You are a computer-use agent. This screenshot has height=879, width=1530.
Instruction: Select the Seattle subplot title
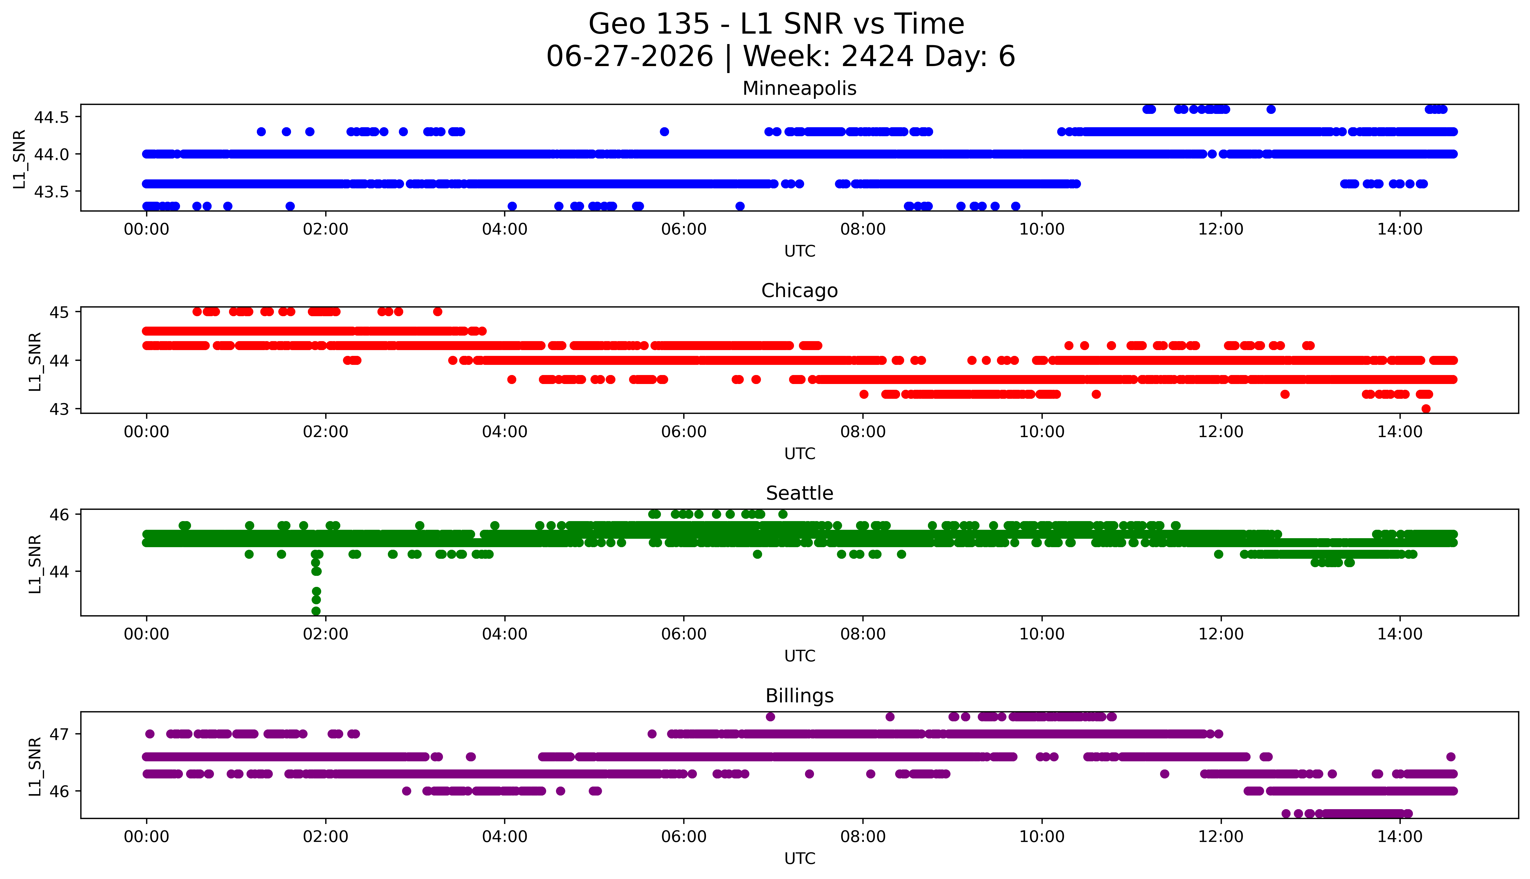pos(799,493)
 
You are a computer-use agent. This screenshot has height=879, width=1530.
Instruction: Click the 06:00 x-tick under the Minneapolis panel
pos(684,230)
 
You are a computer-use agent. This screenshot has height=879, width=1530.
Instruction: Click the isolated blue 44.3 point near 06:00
pos(664,132)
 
